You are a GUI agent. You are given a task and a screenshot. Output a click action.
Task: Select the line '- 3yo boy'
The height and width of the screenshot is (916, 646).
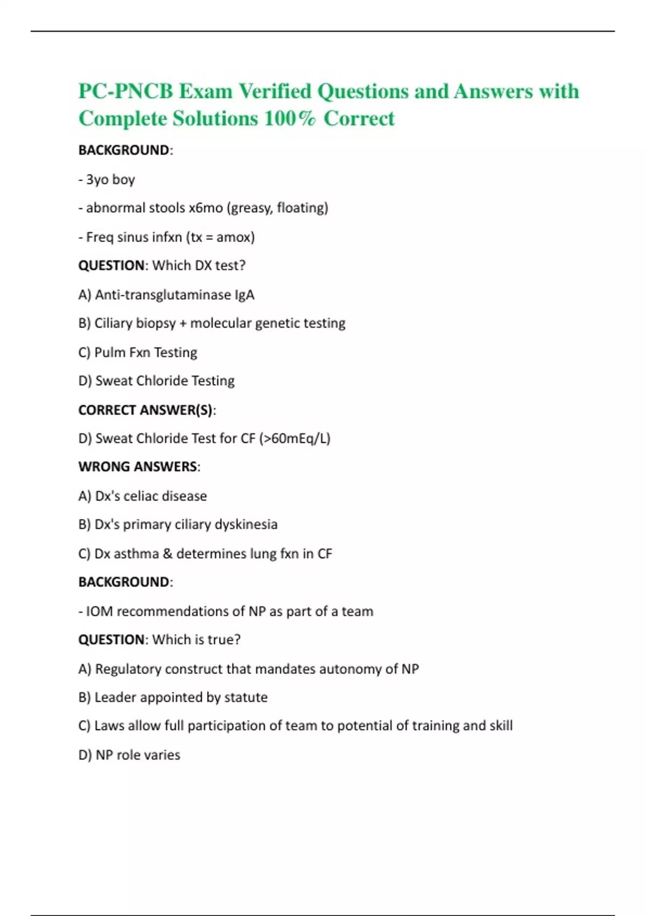pyautogui.click(x=107, y=179)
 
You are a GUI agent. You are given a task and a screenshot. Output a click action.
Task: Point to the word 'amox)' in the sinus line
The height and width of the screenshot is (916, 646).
pyautogui.click(x=235, y=237)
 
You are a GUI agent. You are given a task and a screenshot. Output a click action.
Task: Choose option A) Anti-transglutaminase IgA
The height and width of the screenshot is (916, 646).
pyautogui.click(x=166, y=295)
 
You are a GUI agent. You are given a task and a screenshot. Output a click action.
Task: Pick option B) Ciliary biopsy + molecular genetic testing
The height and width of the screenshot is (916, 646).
pyautogui.click(x=212, y=323)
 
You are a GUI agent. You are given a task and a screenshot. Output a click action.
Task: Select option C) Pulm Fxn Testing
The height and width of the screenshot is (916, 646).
pyautogui.click(x=138, y=352)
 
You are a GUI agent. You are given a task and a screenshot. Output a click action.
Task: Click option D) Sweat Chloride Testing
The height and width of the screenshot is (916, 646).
pyautogui.click(x=156, y=381)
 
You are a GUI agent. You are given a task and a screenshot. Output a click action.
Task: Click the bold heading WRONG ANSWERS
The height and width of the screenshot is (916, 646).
pyautogui.click(x=138, y=467)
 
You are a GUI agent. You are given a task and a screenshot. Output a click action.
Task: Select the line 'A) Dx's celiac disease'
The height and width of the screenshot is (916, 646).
pyautogui.click(x=143, y=496)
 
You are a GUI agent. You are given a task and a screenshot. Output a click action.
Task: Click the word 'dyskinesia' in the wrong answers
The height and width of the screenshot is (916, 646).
pyautogui.click(x=246, y=525)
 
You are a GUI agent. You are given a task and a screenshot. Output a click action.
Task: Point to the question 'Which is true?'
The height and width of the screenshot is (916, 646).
pyautogui.click(x=196, y=640)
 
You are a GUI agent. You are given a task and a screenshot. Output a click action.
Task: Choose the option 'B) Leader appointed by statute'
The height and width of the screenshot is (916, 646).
pyautogui.click(x=173, y=697)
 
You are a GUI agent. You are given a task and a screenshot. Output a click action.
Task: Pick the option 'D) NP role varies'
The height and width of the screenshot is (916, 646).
pyautogui.click(x=129, y=755)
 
